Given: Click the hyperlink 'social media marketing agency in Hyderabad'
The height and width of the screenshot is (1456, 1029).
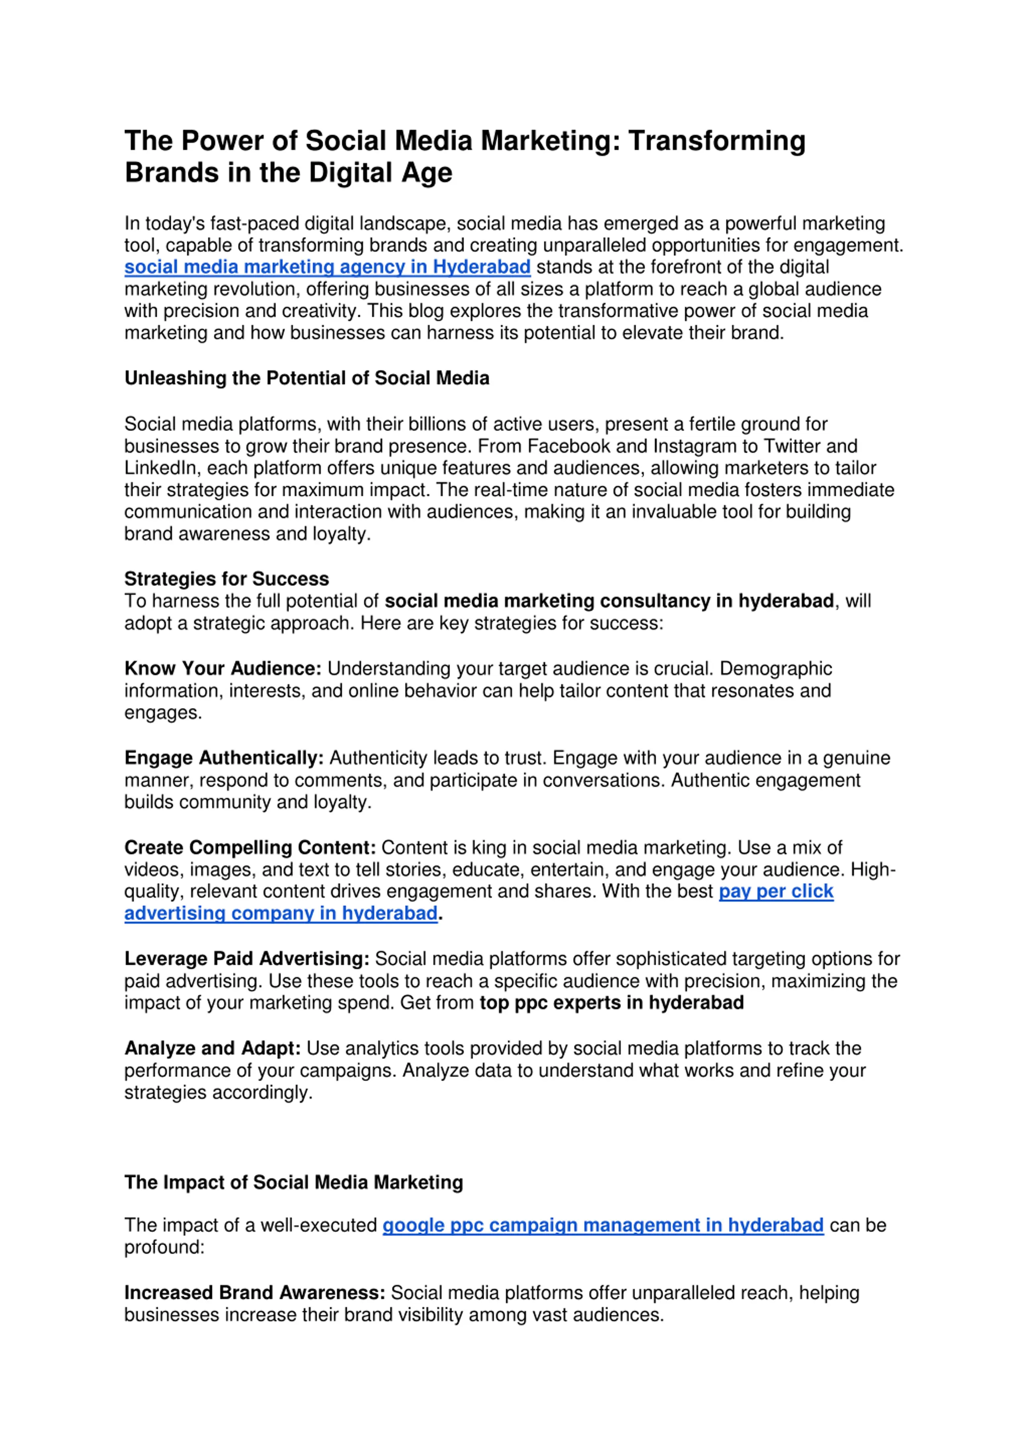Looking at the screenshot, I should (327, 267).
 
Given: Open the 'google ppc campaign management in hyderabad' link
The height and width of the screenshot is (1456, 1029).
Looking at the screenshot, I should (602, 1225).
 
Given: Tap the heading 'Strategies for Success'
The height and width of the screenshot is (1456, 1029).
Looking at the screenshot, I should (226, 579).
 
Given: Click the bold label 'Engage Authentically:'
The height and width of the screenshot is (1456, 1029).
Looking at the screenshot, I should (224, 758).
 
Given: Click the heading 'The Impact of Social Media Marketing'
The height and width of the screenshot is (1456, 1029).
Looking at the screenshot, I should (293, 1182).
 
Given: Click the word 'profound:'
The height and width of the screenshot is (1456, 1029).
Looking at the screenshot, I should (164, 1247).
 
